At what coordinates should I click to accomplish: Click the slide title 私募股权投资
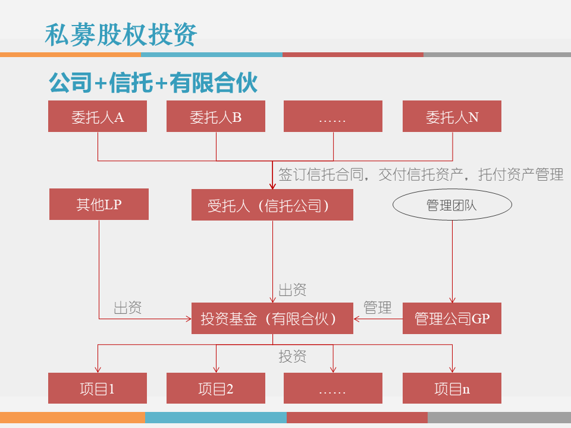point(121,34)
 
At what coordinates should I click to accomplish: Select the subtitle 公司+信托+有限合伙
point(153,83)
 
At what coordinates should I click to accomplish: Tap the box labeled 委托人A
point(98,117)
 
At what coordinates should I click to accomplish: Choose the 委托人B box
point(215,117)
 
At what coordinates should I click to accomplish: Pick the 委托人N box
point(452,117)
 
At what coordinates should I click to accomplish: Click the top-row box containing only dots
point(332,117)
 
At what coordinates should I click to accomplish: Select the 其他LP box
point(99,204)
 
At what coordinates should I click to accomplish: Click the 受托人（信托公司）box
point(272,205)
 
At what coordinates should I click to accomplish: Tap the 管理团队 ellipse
point(452,205)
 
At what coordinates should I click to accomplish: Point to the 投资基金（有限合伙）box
point(272,319)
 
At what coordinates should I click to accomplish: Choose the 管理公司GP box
point(452,319)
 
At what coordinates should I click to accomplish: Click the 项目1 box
point(98,389)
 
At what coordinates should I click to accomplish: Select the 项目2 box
point(215,389)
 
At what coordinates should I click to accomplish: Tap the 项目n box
point(452,389)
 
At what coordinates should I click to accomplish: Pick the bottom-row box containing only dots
point(332,389)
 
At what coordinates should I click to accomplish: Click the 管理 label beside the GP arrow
point(378,307)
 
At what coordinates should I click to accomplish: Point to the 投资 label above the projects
point(293,356)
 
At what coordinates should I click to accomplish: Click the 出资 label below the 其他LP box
point(128,307)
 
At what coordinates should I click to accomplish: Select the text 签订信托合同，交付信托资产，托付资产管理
point(421,175)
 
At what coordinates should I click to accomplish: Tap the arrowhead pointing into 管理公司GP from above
point(453,300)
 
